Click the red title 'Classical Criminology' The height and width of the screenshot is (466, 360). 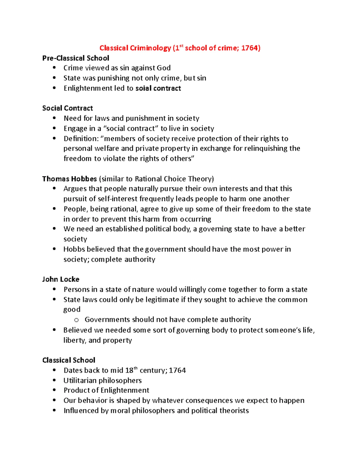coord(135,48)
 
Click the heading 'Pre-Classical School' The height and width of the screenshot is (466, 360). coord(76,58)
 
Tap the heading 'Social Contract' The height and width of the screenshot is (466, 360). coord(67,108)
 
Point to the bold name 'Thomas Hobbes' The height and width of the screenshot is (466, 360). coord(69,179)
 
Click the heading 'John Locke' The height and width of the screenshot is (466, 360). coord(61,279)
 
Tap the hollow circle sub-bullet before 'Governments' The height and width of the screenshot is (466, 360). coord(76,320)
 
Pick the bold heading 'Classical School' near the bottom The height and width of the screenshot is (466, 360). coord(69,360)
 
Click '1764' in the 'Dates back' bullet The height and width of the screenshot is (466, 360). coord(177,371)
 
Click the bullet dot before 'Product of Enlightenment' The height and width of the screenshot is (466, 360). coord(54,390)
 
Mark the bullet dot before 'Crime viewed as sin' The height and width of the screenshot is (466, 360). coord(54,68)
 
